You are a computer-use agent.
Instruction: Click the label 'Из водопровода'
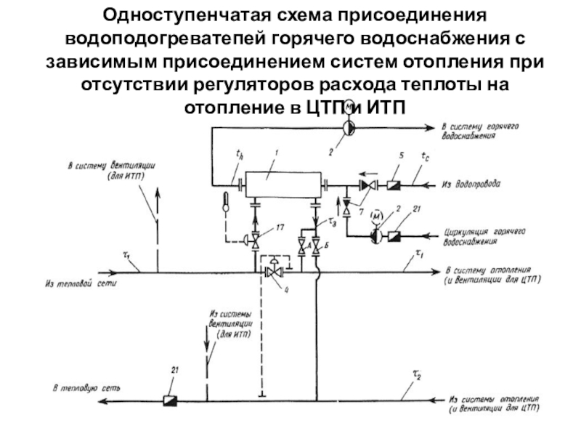pyautogui.click(x=471, y=185)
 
